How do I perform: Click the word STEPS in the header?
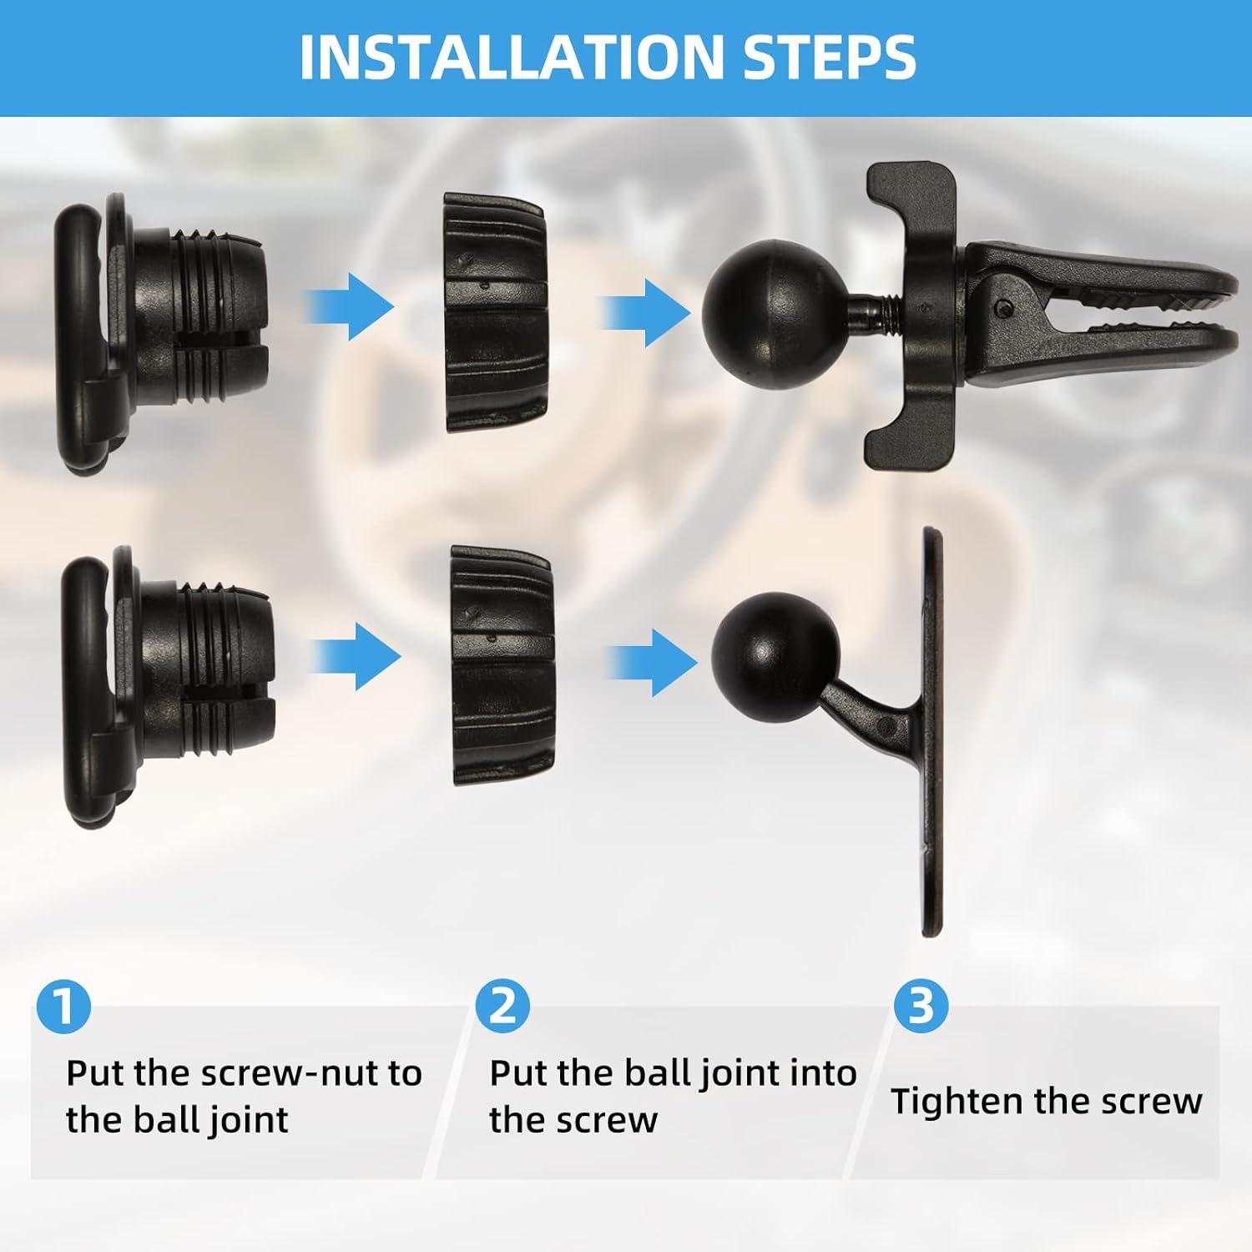click(x=830, y=57)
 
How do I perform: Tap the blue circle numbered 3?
click(x=921, y=1006)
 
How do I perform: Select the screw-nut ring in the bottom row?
click(x=502, y=665)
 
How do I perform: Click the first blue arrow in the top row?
click(x=348, y=307)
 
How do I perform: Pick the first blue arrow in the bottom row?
click(x=356, y=657)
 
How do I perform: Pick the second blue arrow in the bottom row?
click(x=652, y=663)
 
